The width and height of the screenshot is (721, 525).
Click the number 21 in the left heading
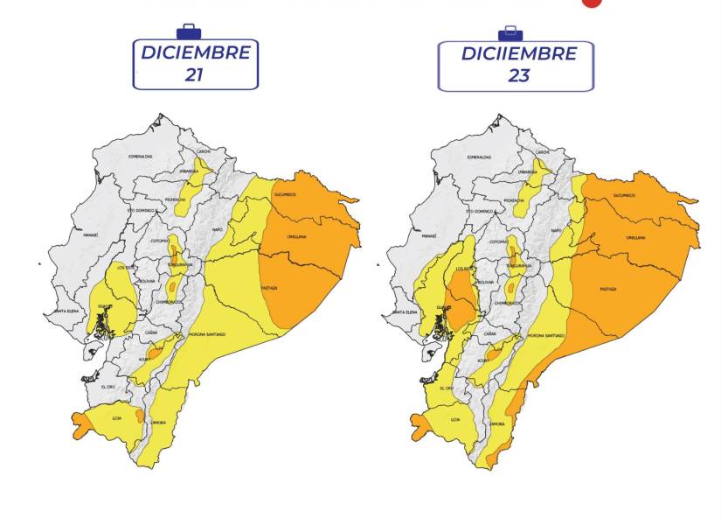coord(194,74)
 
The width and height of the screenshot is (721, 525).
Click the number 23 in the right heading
coord(518,75)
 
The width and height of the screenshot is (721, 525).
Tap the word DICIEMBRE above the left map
coord(196,52)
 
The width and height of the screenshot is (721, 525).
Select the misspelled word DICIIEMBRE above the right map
coord(519,53)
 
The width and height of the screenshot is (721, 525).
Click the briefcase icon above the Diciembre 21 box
coord(188,31)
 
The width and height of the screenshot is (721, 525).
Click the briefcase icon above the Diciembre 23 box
coord(510,33)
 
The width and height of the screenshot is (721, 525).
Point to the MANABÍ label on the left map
coord(91,235)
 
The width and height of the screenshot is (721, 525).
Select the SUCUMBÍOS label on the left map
coord(285,194)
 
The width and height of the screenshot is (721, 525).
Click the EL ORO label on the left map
coord(108,387)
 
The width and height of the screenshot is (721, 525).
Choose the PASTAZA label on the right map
coord(608,289)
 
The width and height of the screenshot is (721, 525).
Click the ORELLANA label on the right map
coord(635,237)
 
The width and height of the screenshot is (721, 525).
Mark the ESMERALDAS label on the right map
coord(480,157)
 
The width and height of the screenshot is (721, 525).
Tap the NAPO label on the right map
coord(557,230)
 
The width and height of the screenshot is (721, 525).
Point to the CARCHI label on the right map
coord(542,151)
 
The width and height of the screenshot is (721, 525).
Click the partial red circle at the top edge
coord(592,3)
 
